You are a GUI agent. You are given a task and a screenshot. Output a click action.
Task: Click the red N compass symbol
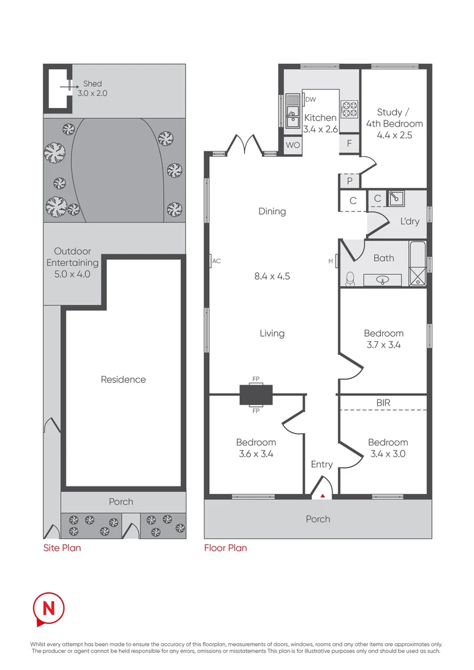click(48, 607)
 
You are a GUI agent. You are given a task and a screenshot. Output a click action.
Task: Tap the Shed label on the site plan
click(92, 84)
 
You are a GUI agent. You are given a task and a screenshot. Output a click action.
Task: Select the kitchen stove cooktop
click(350, 109)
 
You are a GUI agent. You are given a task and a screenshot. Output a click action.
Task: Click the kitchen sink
click(292, 113)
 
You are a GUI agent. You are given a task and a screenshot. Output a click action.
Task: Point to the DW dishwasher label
click(311, 99)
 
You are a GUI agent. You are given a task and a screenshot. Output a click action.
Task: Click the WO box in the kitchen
click(292, 145)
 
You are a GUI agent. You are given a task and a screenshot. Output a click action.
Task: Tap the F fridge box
click(349, 144)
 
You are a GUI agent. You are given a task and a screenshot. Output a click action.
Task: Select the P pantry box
click(349, 181)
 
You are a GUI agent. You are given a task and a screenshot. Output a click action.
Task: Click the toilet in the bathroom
click(349, 279)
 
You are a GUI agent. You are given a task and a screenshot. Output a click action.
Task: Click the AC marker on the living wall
click(215, 261)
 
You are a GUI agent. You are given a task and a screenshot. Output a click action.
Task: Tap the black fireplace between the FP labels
click(256, 394)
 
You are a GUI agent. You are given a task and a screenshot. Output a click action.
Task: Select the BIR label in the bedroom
click(383, 403)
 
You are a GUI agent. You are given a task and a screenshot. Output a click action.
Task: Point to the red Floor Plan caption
click(225, 548)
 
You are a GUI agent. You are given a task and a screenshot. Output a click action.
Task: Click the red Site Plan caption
click(61, 548)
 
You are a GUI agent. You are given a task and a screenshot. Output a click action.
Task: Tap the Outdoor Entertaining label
click(72, 262)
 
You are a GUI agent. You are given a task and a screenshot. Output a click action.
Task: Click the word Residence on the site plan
click(123, 380)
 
